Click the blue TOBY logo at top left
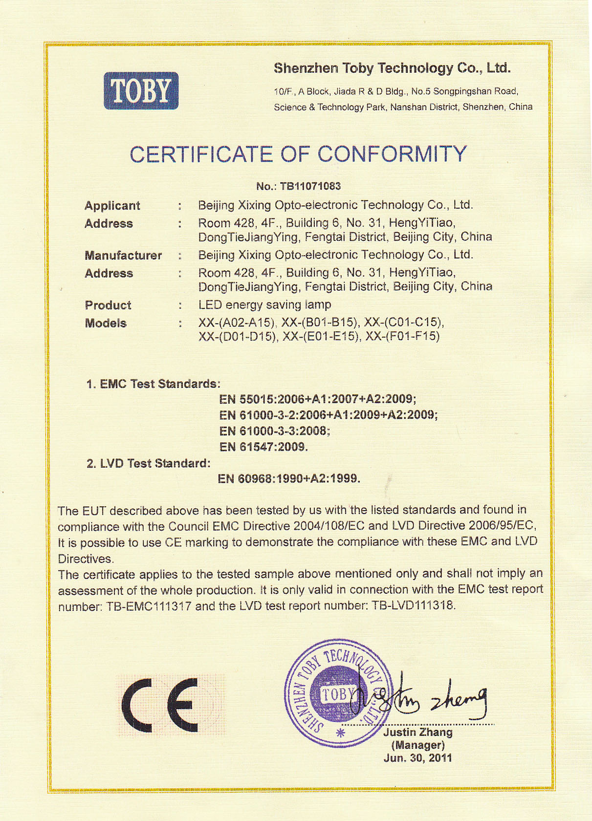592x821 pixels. pyautogui.click(x=141, y=91)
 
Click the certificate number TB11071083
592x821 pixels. pyautogui.click(x=310, y=186)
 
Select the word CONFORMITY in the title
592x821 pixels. pyautogui.click(x=393, y=154)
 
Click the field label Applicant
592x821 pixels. pyautogui.click(x=112, y=206)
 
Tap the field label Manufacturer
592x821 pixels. pyautogui.click(x=123, y=256)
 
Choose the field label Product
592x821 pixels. pyautogui.click(x=108, y=305)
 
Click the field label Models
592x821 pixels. pyautogui.click(x=106, y=324)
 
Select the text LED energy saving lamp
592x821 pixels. pyautogui.click(x=264, y=305)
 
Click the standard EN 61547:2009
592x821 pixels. pyautogui.click(x=263, y=447)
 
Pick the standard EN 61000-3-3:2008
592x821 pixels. pyautogui.click(x=274, y=431)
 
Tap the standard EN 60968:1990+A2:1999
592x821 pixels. pyautogui.click(x=289, y=478)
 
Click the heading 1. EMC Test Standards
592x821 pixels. pyautogui.click(x=153, y=384)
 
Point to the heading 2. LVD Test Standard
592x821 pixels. pyautogui.click(x=149, y=463)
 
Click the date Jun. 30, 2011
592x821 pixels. pyautogui.click(x=417, y=758)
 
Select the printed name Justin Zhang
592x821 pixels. pyautogui.click(x=417, y=732)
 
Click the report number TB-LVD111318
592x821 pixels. pyautogui.click(x=413, y=606)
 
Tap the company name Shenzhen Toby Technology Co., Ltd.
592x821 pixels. pyautogui.click(x=392, y=68)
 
